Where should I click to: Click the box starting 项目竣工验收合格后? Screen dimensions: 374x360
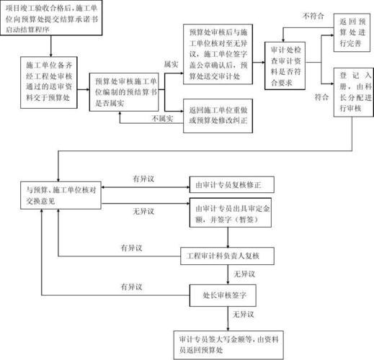51,18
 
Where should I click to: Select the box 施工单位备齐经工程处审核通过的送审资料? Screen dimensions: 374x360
49,83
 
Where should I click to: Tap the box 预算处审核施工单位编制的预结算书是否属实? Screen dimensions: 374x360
124,92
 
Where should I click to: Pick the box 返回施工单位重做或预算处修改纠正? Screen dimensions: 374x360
218,116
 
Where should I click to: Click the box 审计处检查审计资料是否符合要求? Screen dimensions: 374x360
285,66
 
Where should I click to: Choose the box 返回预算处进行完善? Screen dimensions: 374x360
352,32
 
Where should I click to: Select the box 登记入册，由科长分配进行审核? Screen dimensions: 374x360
354,92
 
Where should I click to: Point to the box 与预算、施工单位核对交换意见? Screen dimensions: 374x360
61,195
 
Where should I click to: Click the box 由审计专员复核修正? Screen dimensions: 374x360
232,185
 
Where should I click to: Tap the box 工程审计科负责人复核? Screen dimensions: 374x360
227,256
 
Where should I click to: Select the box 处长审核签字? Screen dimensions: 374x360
223,295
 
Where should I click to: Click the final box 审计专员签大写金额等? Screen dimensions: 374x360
228,345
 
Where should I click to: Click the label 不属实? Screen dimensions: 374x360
162,118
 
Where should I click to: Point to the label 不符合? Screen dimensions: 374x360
313,16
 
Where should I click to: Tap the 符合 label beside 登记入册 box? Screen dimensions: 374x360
321,97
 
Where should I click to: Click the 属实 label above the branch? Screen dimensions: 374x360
171,64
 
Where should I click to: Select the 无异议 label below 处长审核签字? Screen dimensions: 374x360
243,315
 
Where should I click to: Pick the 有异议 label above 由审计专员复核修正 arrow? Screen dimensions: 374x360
143,179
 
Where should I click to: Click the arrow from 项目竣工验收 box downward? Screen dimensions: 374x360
51,46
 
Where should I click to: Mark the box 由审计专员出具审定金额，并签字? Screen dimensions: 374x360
231,212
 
